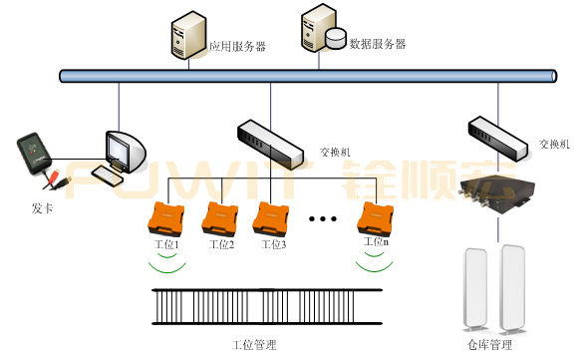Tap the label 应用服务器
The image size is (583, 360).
click(x=236, y=46)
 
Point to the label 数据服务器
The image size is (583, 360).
click(x=378, y=44)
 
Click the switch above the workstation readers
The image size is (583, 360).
click(x=268, y=143)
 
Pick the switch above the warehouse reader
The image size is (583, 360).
click(x=496, y=137)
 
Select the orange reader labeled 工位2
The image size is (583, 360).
click(x=219, y=216)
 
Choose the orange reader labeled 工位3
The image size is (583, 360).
click(x=272, y=216)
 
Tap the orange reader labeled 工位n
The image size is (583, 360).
click(x=377, y=216)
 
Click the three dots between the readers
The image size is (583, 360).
click(x=325, y=217)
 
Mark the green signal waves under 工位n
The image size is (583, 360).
click(x=376, y=261)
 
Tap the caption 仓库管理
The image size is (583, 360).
click(x=489, y=345)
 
